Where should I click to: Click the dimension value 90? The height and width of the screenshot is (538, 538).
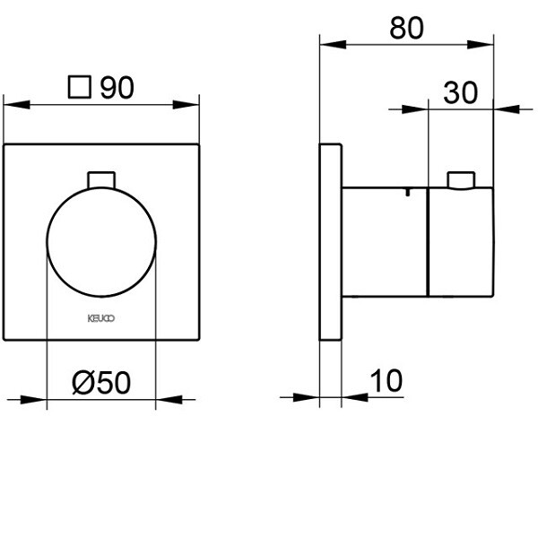coord(117,88)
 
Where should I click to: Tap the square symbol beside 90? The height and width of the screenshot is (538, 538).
coord(81,88)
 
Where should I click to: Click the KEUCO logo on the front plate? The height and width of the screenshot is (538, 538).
coord(100,317)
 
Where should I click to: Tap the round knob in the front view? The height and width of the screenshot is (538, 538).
coord(100,243)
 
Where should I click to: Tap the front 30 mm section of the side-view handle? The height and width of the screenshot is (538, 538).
coord(463,242)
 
